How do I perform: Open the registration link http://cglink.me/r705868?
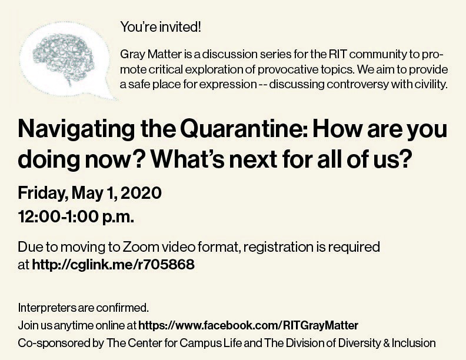click(x=113, y=265)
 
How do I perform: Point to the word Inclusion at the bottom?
click(x=415, y=342)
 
